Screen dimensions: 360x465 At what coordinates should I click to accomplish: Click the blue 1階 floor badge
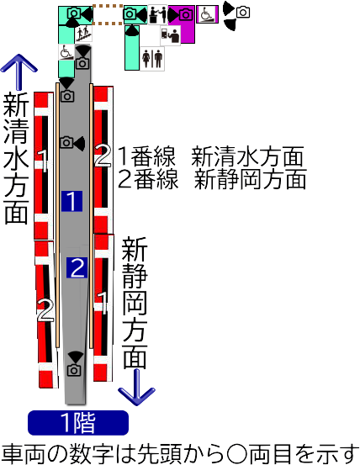[x=78, y=423]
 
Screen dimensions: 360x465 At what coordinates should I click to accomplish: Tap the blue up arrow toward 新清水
[x=19, y=72]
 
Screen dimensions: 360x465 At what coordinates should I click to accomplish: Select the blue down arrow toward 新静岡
[x=137, y=387]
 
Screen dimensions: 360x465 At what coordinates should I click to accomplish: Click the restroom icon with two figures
[x=152, y=58]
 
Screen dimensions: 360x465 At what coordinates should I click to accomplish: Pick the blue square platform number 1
[x=71, y=201]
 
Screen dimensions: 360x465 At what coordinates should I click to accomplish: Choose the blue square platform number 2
[x=77, y=267]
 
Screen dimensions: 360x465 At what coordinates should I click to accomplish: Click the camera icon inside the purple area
[x=186, y=14]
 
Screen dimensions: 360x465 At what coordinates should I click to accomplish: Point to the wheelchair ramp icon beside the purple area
[x=207, y=14]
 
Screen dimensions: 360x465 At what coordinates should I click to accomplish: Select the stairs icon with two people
[x=83, y=34]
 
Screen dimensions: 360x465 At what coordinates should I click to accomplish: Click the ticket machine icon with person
[x=171, y=35]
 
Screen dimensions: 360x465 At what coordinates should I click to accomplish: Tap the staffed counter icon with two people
[x=157, y=14]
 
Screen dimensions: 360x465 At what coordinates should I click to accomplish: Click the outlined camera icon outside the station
[x=243, y=13]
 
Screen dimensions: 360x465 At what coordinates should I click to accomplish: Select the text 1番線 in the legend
[x=147, y=156]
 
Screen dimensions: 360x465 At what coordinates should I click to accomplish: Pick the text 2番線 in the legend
[x=148, y=179]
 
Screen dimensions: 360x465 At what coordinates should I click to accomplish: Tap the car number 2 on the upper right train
[x=103, y=156]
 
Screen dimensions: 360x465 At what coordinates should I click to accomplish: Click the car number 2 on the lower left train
[x=45, y=310]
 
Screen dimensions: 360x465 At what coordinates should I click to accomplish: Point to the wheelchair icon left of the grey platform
[x=66, y=52]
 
